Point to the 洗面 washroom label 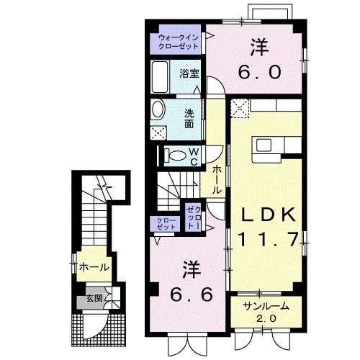pos(189,117)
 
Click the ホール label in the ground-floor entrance pos(94,267)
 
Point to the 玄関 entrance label pos(94,297)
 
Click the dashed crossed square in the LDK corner pos(240,107)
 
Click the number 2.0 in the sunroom pos(265,318)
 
